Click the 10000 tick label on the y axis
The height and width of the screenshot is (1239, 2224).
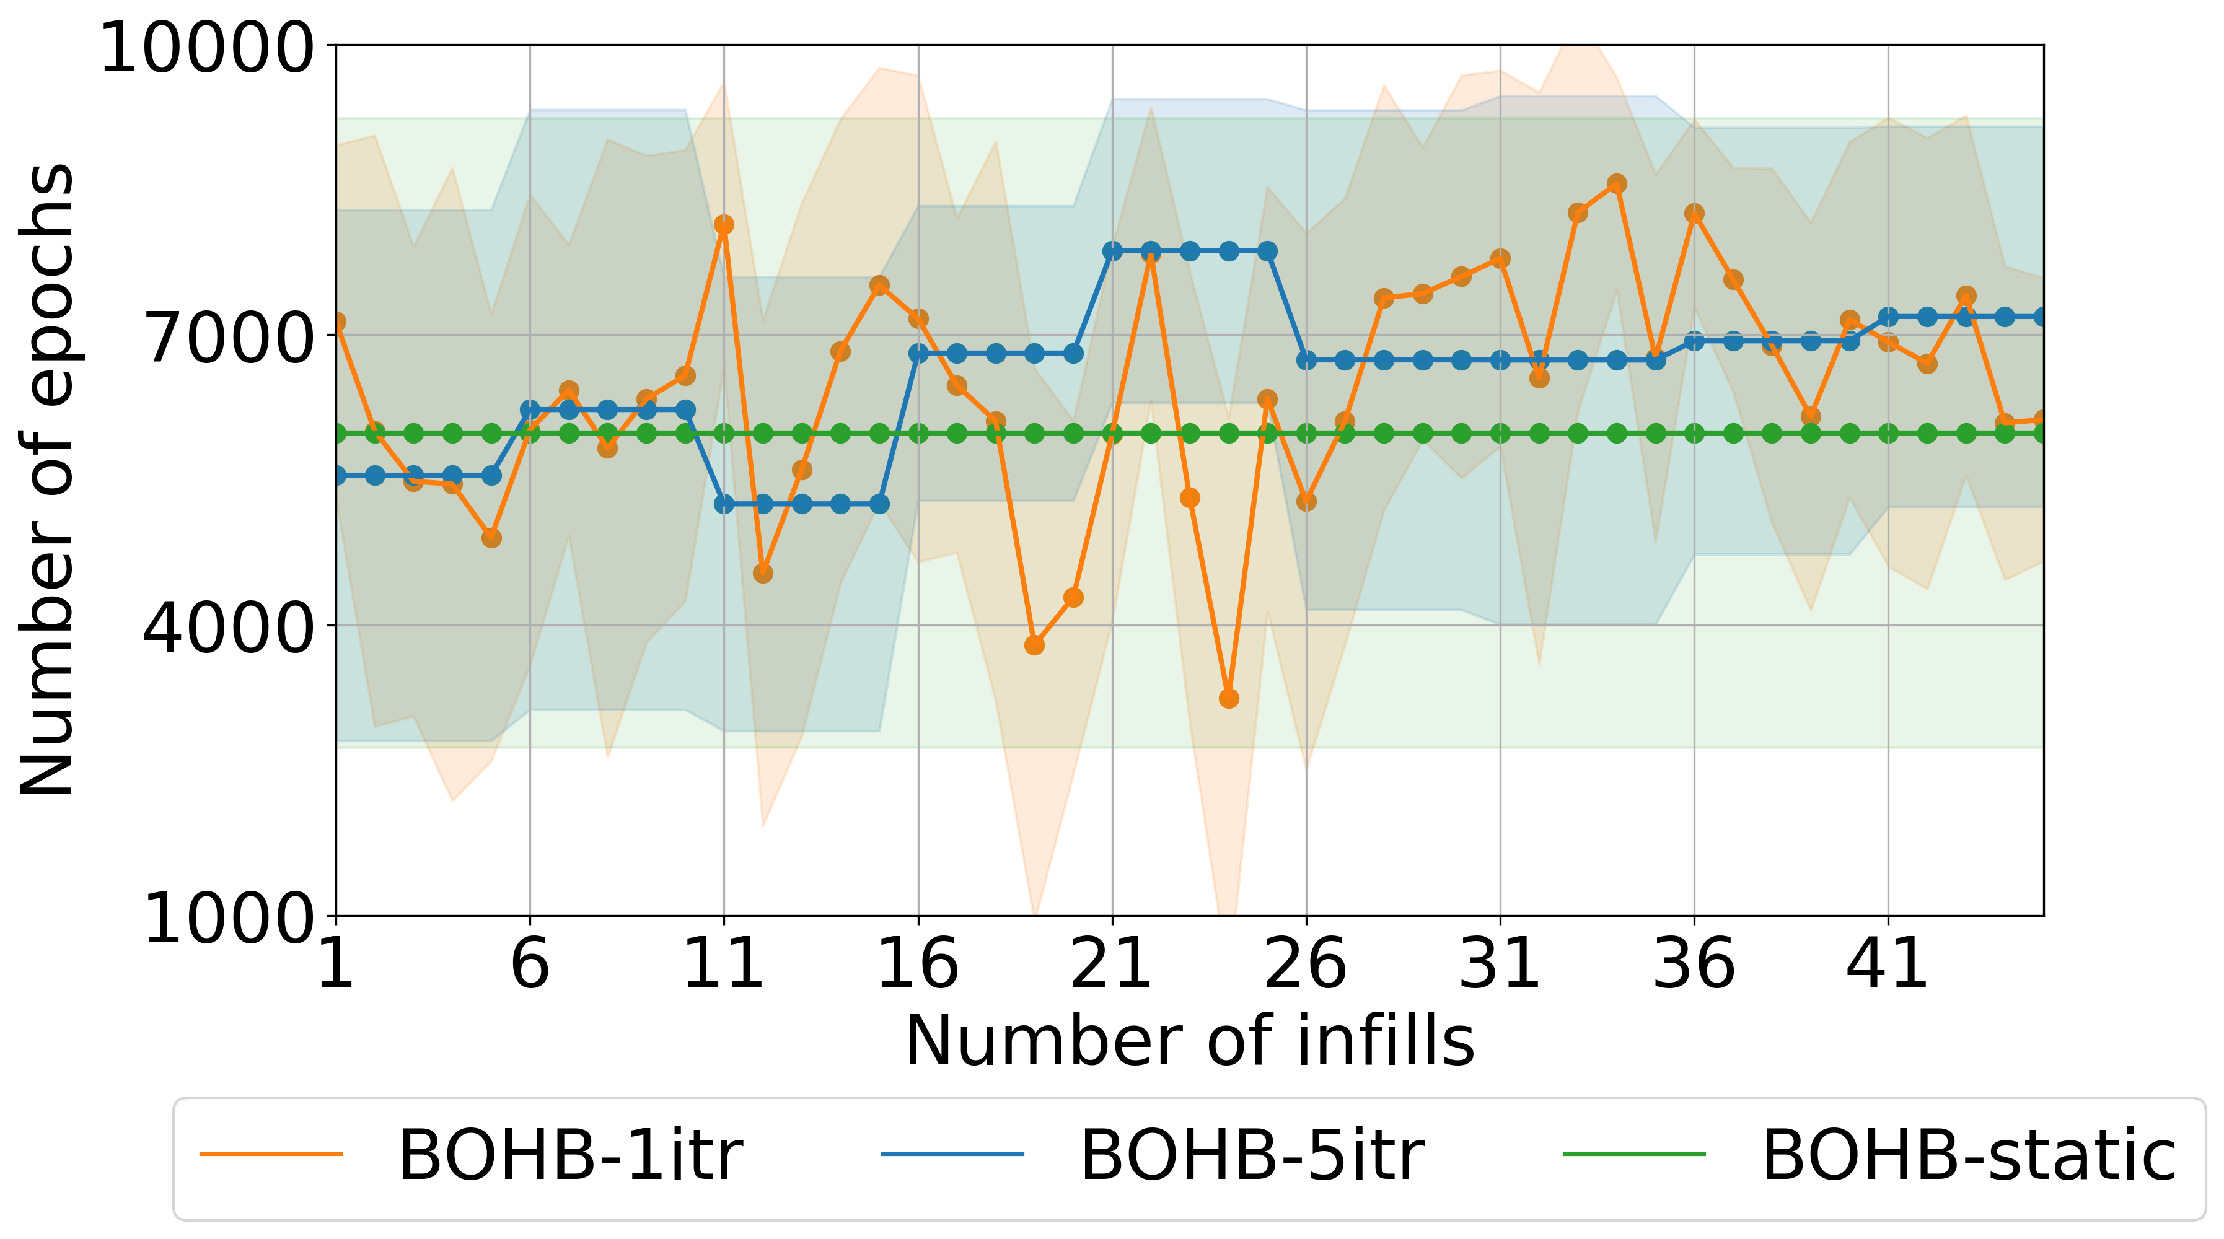coord(206,48)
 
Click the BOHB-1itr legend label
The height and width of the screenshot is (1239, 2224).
coord(570,1155)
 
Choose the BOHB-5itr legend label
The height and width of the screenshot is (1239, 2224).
coord(1252,1155)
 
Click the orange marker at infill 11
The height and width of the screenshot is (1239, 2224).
coord(724,224)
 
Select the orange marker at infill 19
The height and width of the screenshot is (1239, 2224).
coord(1034,645)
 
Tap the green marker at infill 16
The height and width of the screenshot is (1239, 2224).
coord(918,432)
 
